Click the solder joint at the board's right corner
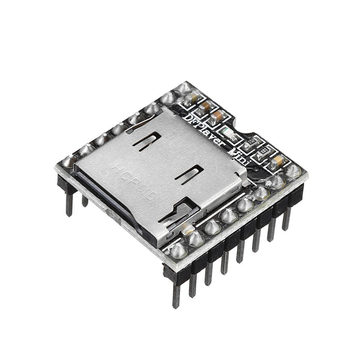(x=293, y=171)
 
